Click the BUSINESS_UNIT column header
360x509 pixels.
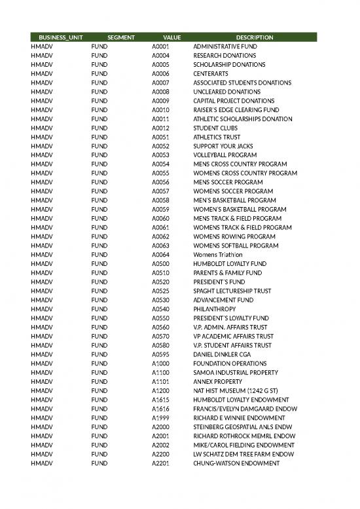click(61, 37)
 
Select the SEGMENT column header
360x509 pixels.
click(121, 37)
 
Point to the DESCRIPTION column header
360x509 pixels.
click(255, 37)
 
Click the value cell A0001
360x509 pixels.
click(161, 47)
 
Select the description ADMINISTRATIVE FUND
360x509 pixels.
click(225, 47)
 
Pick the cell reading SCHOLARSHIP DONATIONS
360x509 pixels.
click(225, 65)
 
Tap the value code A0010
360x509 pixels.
click(161, 110)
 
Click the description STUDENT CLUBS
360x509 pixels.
click(214, 128)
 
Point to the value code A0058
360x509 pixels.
click(161, 200)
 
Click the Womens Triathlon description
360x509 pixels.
click(218, 255)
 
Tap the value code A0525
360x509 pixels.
click(161, 291)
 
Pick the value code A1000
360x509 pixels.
click(161, 364)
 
